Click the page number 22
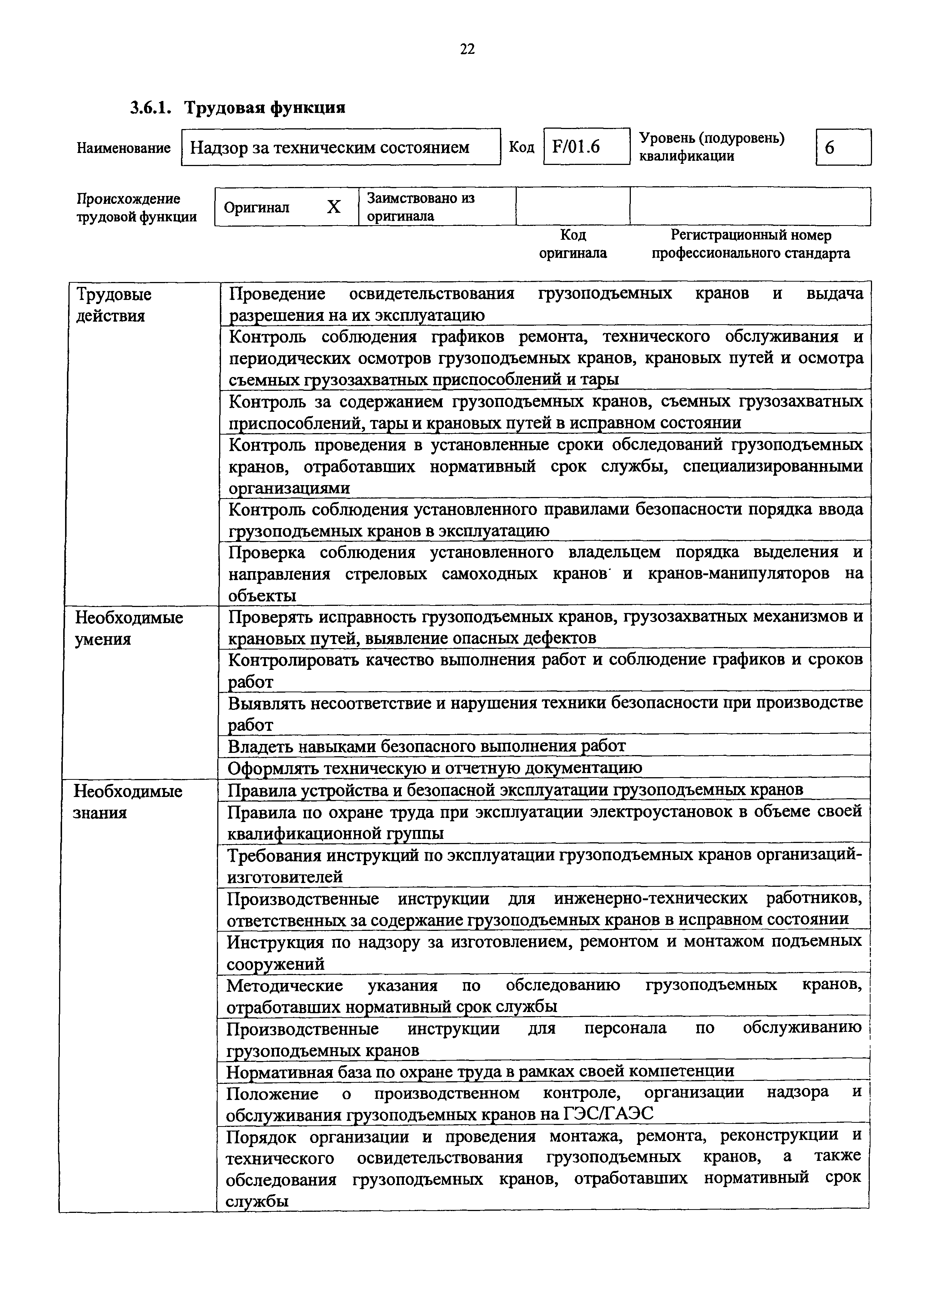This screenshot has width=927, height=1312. click(467, 50)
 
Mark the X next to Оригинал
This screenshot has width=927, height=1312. click(334, 207)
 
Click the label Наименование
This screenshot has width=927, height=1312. click(123, 148)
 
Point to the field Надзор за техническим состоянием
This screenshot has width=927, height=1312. click(340, 147)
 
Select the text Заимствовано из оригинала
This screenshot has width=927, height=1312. click(420, 207)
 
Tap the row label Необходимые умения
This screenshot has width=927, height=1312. click(129, 628)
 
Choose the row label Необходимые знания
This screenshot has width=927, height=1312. click(128, 801)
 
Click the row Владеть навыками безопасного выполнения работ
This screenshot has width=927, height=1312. click(426, 746)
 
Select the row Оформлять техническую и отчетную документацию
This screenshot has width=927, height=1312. click(434, 767)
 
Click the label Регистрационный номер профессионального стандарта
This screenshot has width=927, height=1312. click(750, 243)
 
